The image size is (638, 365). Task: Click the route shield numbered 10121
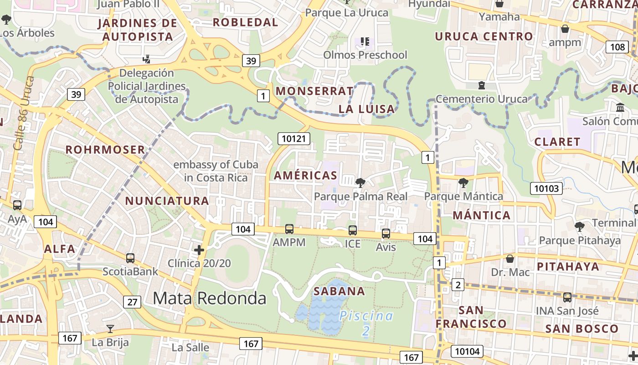[294, 139]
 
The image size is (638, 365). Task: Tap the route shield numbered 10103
[546, 188]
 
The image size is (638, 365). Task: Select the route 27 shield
[132, 302]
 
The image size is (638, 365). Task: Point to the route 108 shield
[617, 47]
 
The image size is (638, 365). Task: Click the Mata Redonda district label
[209, 298]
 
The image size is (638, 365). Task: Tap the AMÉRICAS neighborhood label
[305, 176]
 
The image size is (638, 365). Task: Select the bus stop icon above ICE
[352, 230]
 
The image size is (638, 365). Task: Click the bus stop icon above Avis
[386, 234]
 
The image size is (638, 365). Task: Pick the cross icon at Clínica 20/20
[199, 250]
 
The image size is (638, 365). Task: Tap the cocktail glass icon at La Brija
[110, 329]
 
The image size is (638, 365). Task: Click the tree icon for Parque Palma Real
[360, 183]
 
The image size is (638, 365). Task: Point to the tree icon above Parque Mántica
[463, 183]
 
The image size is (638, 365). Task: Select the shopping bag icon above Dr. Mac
[510, 259]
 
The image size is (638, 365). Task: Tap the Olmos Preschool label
[365, 55]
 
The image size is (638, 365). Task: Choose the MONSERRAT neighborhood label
[314, 91]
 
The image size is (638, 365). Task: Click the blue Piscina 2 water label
[366, 323]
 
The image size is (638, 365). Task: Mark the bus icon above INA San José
[567, 297]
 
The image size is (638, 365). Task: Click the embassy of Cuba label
[216, 171]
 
